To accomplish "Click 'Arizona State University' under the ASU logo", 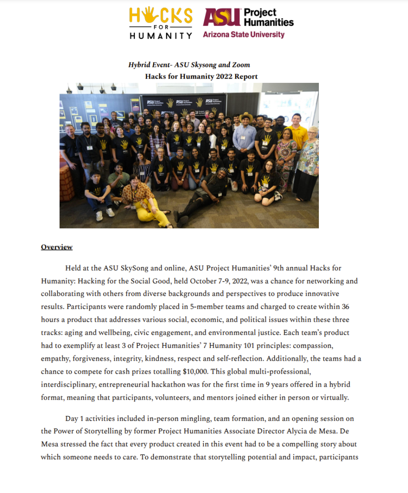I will [x=243, y=35].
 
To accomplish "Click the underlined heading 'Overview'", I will [x=57, y=247].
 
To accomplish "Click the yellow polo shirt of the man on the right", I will [x=299, y=136].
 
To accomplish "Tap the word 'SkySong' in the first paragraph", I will [x=139, y=268].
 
